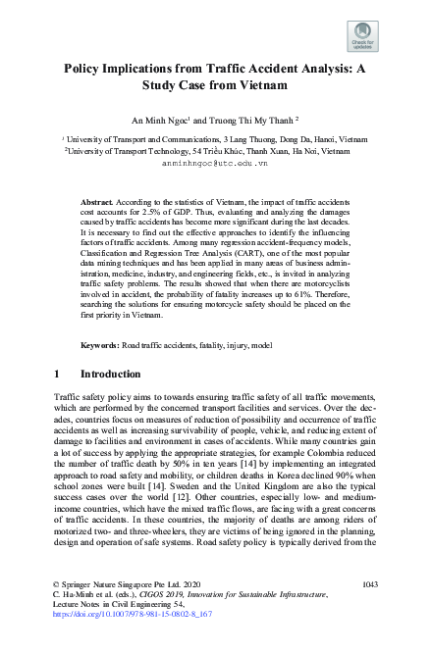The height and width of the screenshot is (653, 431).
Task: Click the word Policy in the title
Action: (87, 71)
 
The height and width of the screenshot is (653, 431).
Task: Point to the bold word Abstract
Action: (97, 200)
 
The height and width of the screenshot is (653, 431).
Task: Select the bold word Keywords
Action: (99, 346)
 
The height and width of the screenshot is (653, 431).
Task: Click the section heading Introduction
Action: (111, 374)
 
